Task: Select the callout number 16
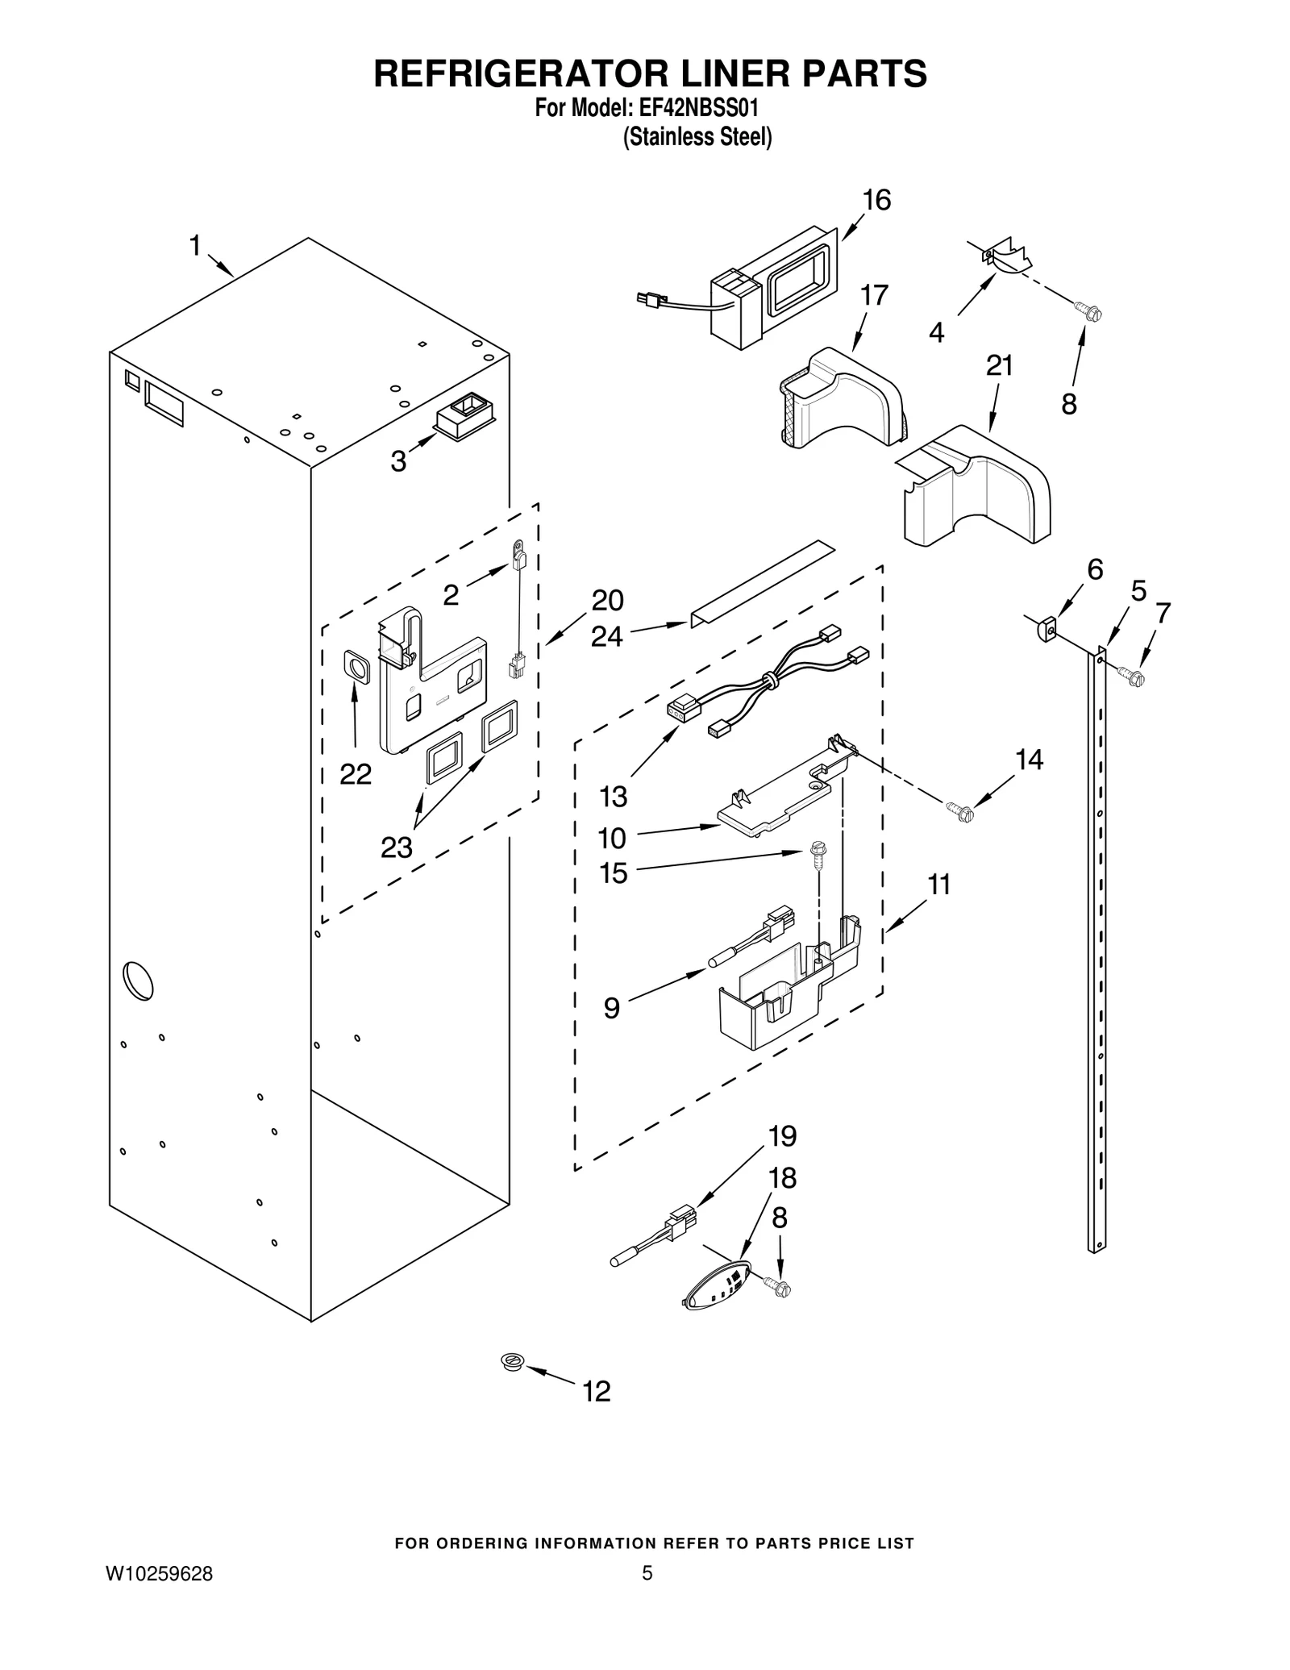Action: (876, 200)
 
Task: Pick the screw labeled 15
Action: (816, 854)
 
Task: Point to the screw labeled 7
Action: (1132, 675)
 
